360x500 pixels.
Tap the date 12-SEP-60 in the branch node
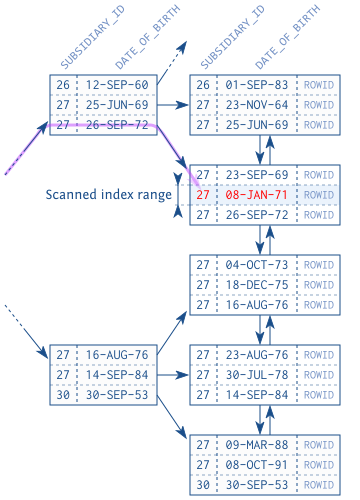116,85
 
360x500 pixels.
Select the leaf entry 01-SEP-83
255,85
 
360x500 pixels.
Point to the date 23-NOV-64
255,105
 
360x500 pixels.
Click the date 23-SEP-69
255,175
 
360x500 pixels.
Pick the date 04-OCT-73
255,265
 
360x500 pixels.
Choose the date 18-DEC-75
255,285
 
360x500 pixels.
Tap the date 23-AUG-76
255,355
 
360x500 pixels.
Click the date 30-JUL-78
255,375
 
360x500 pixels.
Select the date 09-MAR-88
255,445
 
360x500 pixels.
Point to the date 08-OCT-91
255,465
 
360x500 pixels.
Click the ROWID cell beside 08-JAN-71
319,195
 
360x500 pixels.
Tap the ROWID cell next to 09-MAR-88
319,445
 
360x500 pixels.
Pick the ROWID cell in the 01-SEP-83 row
319,85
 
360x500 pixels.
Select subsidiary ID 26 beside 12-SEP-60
63,85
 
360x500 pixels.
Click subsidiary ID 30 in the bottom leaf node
203,485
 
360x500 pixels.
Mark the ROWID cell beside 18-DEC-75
319,285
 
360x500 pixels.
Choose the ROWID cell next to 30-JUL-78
319,375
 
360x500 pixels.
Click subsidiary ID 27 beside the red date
203,195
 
